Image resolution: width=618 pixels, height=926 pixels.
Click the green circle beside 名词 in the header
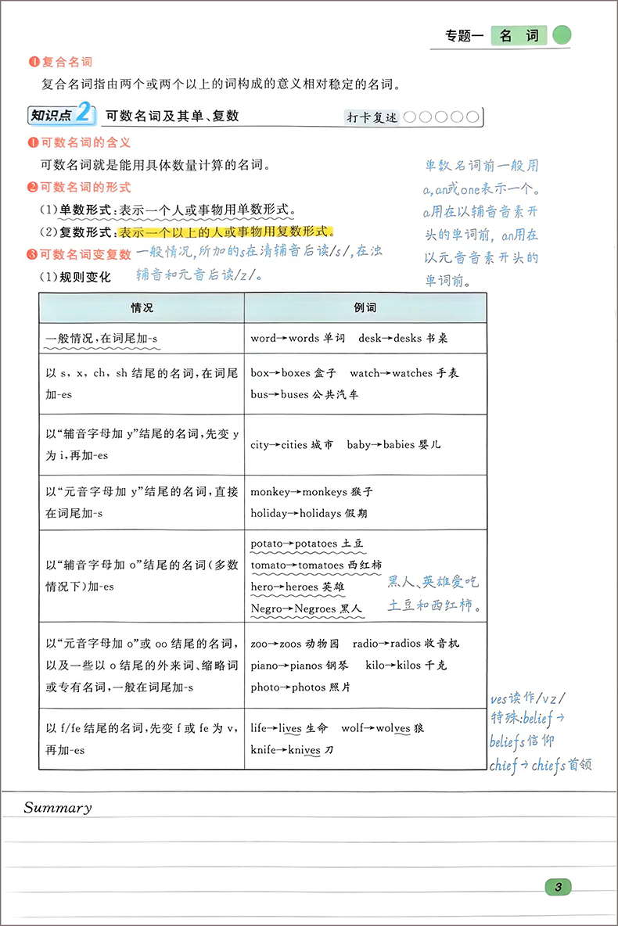pos(562,35)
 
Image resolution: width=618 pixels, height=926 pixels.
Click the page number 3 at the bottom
pos(558,886)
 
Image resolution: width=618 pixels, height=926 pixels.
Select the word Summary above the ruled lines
pos(57,808)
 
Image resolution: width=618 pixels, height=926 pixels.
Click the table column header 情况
pos(142,308)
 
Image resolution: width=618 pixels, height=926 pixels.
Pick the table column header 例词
pos(365,308)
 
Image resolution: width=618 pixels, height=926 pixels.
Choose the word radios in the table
pos(413,644)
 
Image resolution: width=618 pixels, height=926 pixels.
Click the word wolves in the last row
pos(392,728)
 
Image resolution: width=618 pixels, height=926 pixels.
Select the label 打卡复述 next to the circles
pos(373,117)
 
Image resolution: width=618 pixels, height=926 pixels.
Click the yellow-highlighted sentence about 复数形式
pos(225,232)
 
